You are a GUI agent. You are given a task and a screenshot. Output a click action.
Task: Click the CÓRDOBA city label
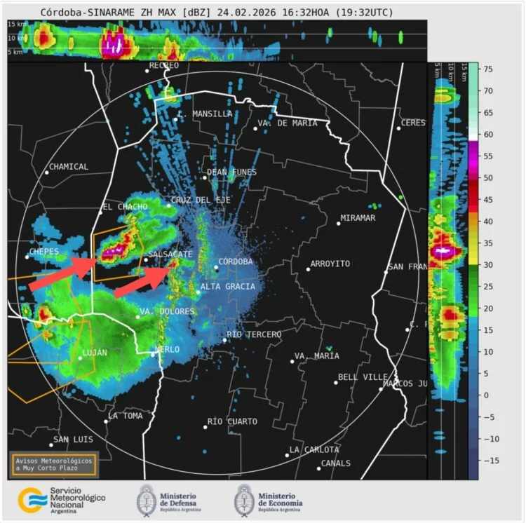(x=236, y=262)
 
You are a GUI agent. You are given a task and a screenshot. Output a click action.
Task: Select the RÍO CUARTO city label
(x=233, y=421)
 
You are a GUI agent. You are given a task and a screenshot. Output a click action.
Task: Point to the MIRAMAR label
(x=358, y=218)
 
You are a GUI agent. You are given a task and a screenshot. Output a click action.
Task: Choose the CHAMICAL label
(x=69, y=167)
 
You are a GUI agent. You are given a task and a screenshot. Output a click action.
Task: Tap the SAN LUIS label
(x=74, y=440)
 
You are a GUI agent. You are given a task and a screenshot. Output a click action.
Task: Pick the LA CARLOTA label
(x=314, y=449)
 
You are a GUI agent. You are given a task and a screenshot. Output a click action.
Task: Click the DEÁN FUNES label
(x=232, y=172)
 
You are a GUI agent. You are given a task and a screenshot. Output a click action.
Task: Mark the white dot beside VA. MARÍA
(x=292, y=362)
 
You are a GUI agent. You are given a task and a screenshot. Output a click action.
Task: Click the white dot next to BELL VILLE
(x=335, y=382)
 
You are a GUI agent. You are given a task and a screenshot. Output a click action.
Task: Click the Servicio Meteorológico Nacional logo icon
(x=32, y=500)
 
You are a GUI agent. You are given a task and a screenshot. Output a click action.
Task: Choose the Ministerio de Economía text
(x=280, y=499)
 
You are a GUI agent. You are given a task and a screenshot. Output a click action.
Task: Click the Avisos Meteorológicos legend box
(x=53, y=464)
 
